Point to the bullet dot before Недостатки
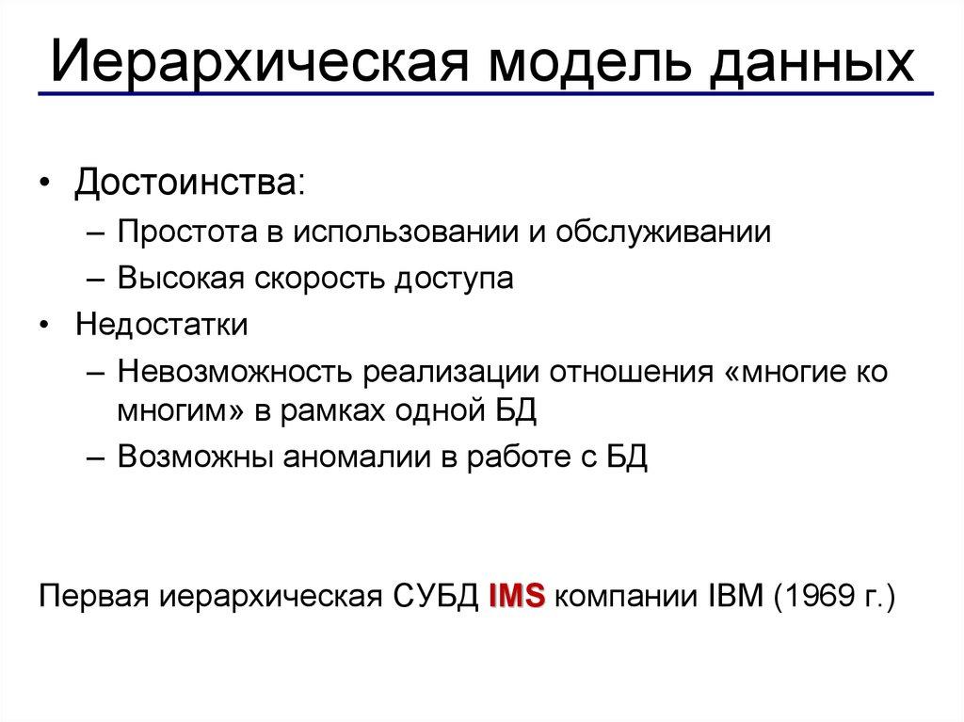pyautogui.click(x=46, y=326)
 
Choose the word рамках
pyautogui.click(x=342, y=412)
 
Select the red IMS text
pyautogui.click(x=517, y=597)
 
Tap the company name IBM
pyautogui.click(x=731, y=597)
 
